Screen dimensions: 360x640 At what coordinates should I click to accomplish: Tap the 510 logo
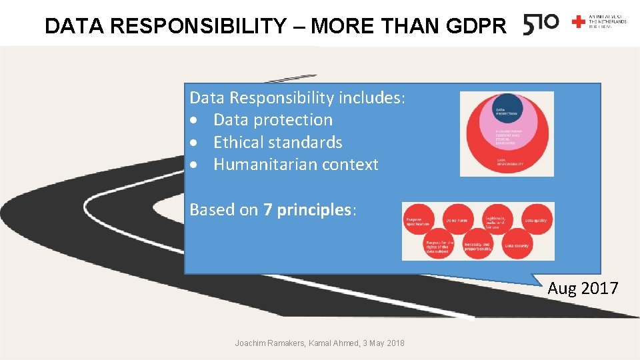[541, 24]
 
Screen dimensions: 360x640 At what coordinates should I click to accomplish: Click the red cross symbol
[578, 22]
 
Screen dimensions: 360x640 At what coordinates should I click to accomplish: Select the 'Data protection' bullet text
[273, 120]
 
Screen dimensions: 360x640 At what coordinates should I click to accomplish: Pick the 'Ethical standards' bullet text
[277, 142]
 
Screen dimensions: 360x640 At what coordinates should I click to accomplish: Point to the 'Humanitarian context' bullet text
[295, 165]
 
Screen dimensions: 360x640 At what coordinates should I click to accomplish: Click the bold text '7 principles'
[307, 210]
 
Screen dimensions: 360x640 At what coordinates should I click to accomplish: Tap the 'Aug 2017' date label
[583, 289]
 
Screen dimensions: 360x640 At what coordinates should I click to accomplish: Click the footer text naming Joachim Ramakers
[319, 343]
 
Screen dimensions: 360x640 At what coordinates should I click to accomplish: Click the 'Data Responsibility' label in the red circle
[510, 162]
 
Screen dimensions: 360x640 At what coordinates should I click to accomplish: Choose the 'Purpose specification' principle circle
[420, 221]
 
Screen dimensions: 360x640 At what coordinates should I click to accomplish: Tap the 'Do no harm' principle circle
[457, 220]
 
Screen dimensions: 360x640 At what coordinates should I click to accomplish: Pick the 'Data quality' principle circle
[535, 220]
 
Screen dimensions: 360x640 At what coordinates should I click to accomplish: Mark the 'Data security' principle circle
[517, 245]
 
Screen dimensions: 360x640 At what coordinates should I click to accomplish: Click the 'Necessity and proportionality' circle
[477, 245]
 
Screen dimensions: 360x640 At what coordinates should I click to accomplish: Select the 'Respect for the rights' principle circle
[438, 246]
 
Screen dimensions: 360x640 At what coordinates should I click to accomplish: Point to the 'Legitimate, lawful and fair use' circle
[496, 221]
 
